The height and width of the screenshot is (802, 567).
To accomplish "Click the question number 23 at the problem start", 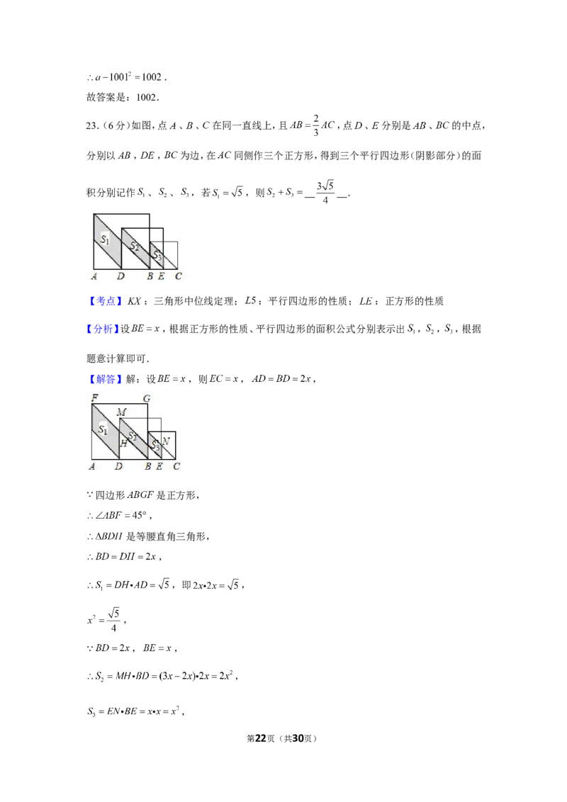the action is (91, 126).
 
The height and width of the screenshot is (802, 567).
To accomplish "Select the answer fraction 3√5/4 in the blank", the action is (325, 192).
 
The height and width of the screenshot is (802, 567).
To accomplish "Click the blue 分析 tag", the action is (103, 329).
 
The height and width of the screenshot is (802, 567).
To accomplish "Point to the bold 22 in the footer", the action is (261, 738).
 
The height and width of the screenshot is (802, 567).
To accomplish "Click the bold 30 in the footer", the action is (298, 738).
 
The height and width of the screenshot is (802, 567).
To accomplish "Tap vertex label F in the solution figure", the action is (95, 397).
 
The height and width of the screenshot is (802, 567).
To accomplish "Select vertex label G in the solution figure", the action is (147, 398).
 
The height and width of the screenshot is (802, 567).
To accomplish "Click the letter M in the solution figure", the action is (121, 412).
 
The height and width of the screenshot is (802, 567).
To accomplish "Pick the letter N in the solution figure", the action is (165, 441).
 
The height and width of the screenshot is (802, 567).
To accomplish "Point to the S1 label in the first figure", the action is (105, 239).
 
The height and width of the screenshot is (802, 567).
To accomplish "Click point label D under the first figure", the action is (120, 276).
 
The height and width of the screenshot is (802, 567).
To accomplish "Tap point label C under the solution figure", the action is (176, 466).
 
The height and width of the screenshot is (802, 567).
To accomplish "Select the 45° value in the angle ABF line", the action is (139, 516).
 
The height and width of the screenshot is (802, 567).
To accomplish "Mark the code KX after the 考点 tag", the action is (134, 300).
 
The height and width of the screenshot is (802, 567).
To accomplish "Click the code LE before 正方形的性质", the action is (366, 300).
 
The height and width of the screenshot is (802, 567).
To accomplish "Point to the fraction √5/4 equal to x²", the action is (113, 620).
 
